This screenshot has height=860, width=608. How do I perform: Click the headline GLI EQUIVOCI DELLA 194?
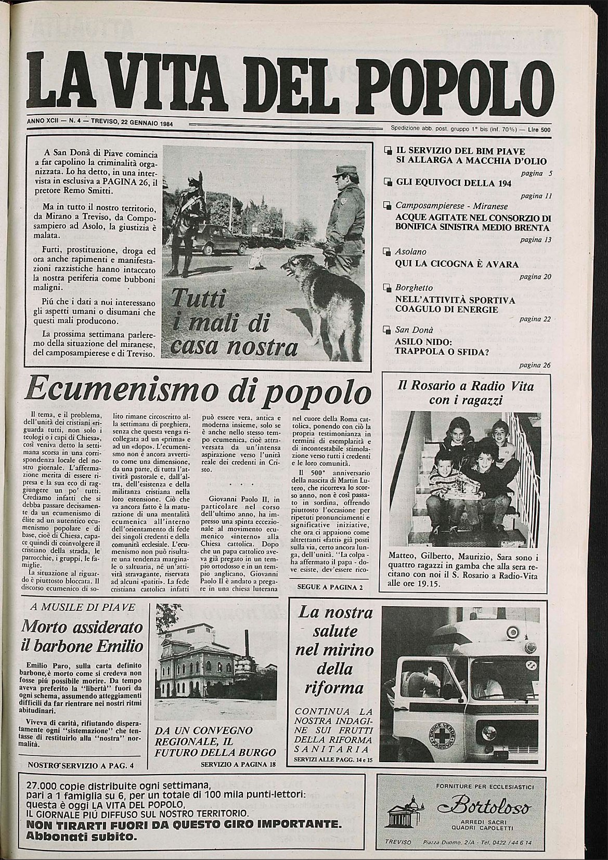coord(454,183)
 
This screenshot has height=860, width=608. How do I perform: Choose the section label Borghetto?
coord(414,288)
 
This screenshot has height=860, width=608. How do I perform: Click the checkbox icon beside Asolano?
coord(386,252)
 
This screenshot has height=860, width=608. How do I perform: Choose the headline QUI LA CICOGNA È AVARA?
coord(457,264)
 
